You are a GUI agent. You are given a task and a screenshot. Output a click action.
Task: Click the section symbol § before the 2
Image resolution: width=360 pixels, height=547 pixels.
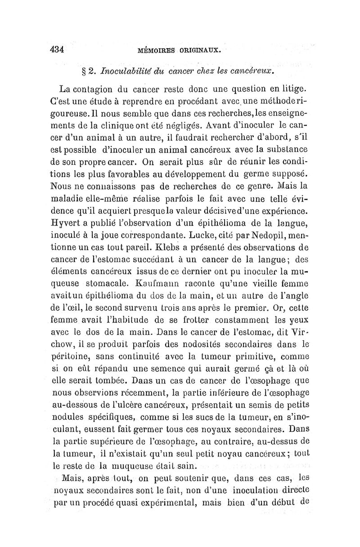(83, 71)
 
